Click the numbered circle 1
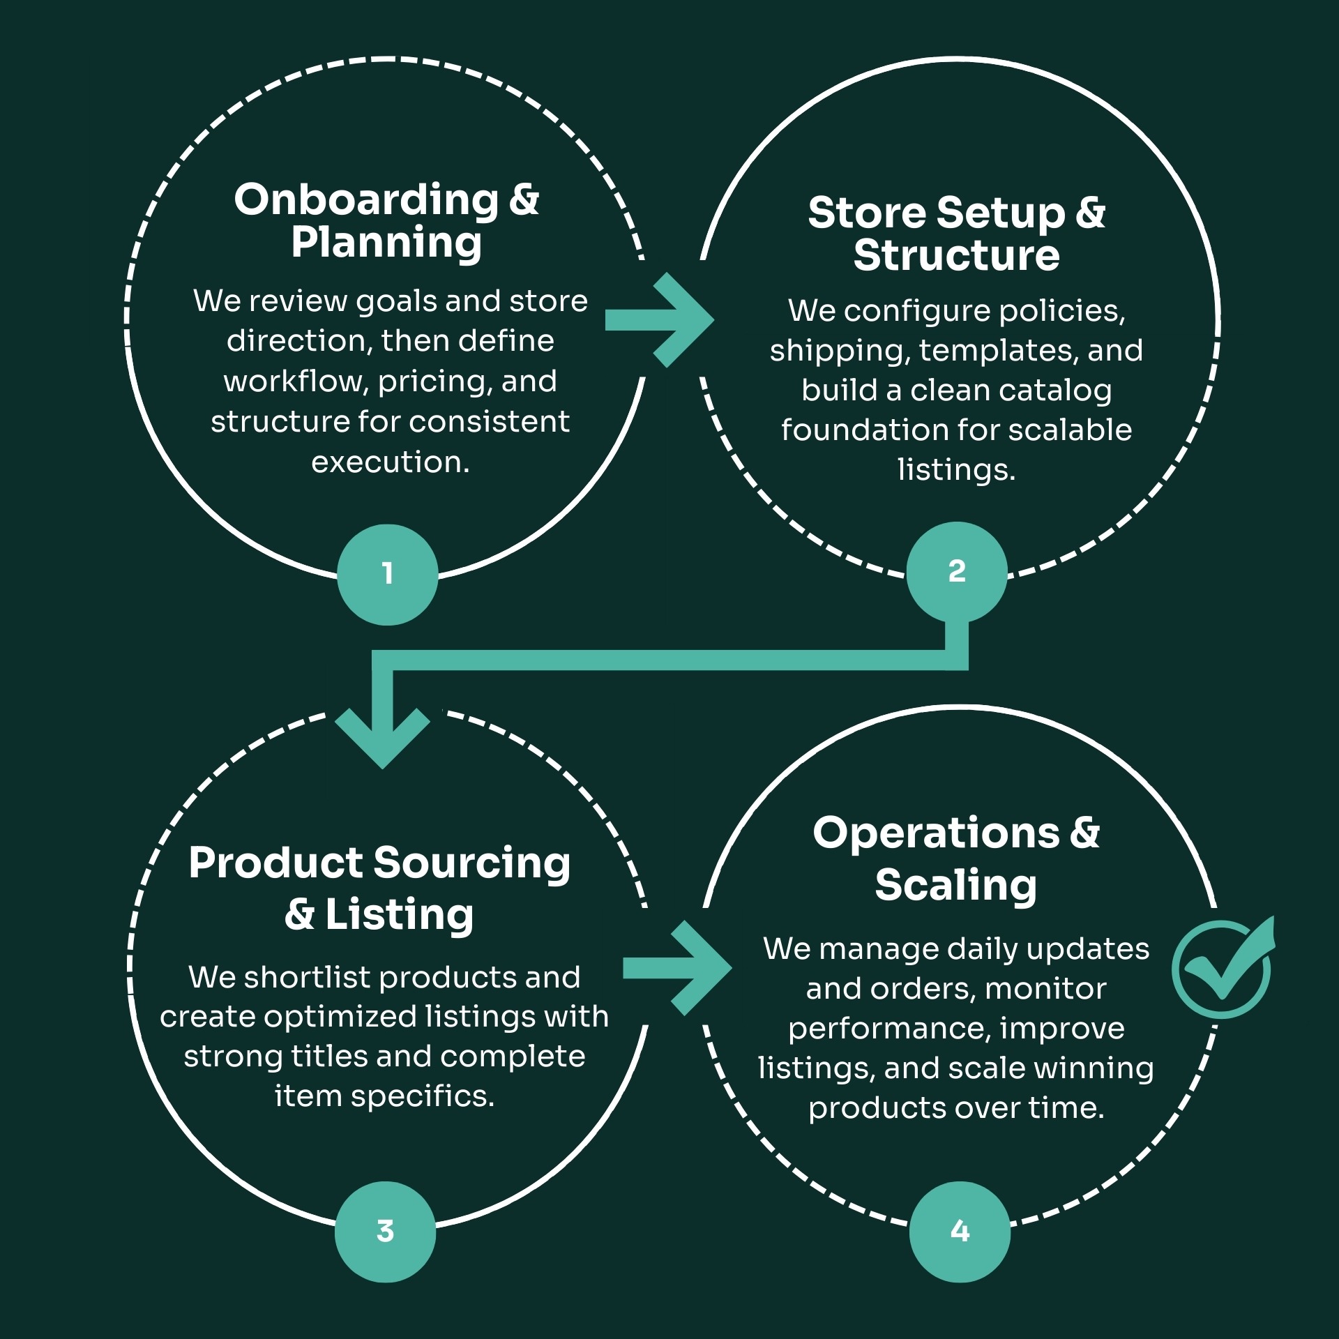pos(387,574)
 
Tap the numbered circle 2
pos(956,571)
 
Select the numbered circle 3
pos(385,1232)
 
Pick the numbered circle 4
pos(960,1232)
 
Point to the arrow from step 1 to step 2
pos(659,320)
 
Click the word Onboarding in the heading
pos(366,200)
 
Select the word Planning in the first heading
pos(386,243)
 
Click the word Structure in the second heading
pos(956,255)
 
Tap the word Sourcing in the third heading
pos(472,863)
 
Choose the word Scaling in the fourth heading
pos(955,886)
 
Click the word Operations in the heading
pos(936,833)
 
